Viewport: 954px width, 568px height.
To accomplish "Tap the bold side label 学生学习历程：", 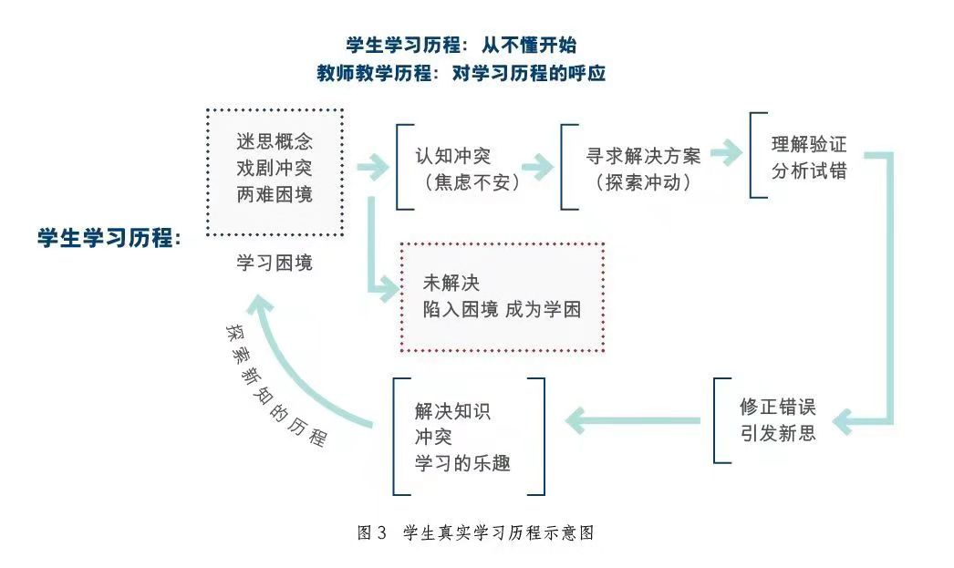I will [109, 239].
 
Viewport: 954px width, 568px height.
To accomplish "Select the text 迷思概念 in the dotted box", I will [275, 142].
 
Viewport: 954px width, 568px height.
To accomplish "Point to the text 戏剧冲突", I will [275, 169].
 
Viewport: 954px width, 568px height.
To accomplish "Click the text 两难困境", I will [275, 195].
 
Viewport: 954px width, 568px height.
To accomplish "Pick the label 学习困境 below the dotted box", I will [275, 263].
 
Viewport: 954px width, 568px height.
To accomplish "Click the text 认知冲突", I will [453, 156].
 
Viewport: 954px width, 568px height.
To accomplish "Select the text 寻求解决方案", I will [644, 156].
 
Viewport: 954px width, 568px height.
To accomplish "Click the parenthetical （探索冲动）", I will [643, 181].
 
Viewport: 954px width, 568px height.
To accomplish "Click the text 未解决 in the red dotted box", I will [451, 283].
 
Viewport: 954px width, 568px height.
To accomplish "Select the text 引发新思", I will [778, 433].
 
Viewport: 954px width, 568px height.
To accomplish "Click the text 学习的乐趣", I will [461, 463].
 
